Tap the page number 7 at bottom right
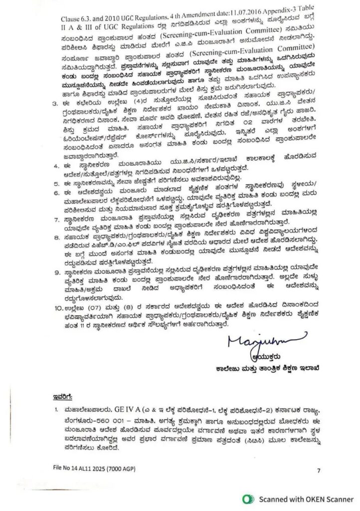click(x=319, y=471)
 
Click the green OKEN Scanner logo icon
click(x=246, y=498)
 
